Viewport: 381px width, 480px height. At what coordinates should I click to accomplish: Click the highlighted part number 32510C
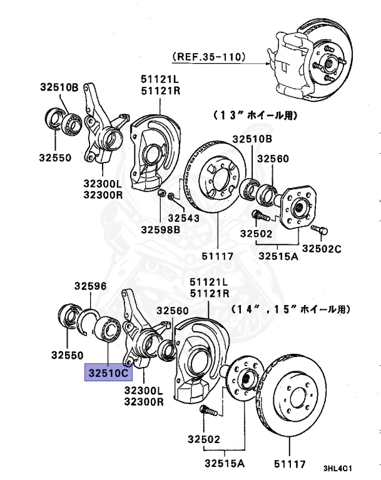click(x=108, y=373)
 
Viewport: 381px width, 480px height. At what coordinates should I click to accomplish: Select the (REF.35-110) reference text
click(x=209, y=57)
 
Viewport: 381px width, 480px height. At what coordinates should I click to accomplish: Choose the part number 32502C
click(x=325, y=249)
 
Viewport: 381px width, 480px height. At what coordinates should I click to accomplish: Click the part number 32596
click(x=91, y=286)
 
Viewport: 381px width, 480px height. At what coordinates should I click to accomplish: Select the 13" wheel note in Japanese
click(x=255, y=116)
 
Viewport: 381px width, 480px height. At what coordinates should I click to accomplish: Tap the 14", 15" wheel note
click(x=291, y=309)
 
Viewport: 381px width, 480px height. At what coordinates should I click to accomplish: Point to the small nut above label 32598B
click(x=161, y=194)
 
